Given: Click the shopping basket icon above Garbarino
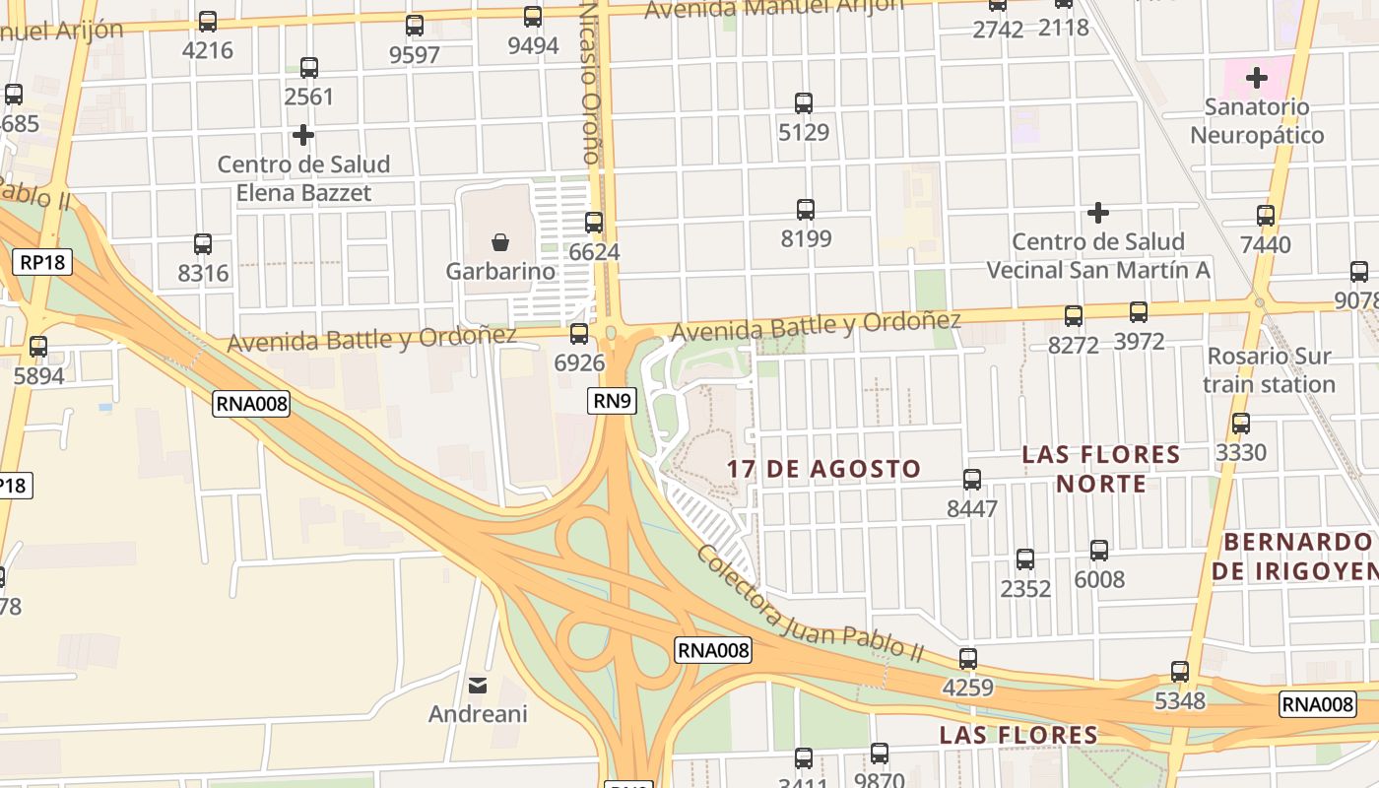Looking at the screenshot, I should pos(500,241).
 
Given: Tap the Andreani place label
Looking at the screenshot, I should pos(478,713).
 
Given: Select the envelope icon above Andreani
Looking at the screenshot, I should pos(478,685).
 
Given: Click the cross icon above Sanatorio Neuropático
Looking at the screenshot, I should pos(1256,76).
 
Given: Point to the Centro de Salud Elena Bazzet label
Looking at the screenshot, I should pos(303,178).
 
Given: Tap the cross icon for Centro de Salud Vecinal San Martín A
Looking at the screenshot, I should pos(1097,212).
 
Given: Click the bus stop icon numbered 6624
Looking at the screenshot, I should pos(593,223).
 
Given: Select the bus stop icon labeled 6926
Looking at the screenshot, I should pos(579,333).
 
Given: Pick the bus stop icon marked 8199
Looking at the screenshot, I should pos(805,209).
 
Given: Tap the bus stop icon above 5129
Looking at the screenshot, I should pos(804,102).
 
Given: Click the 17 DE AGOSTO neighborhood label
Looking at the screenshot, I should pos(823,469).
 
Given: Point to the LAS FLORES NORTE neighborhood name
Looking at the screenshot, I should pos(1100,469).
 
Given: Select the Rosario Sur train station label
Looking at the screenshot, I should pos(1270,369).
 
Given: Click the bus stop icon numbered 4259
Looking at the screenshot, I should pos(968,658).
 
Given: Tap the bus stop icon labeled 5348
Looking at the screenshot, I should pos(1179,672).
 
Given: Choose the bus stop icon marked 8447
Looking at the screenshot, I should pos(971,480).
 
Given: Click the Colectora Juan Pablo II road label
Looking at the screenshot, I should pos(809,603).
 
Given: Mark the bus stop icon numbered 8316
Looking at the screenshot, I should pos(202,243).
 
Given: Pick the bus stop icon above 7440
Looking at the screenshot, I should pos(1265,215).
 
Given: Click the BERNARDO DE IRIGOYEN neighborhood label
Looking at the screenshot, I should pos(1296,557).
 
